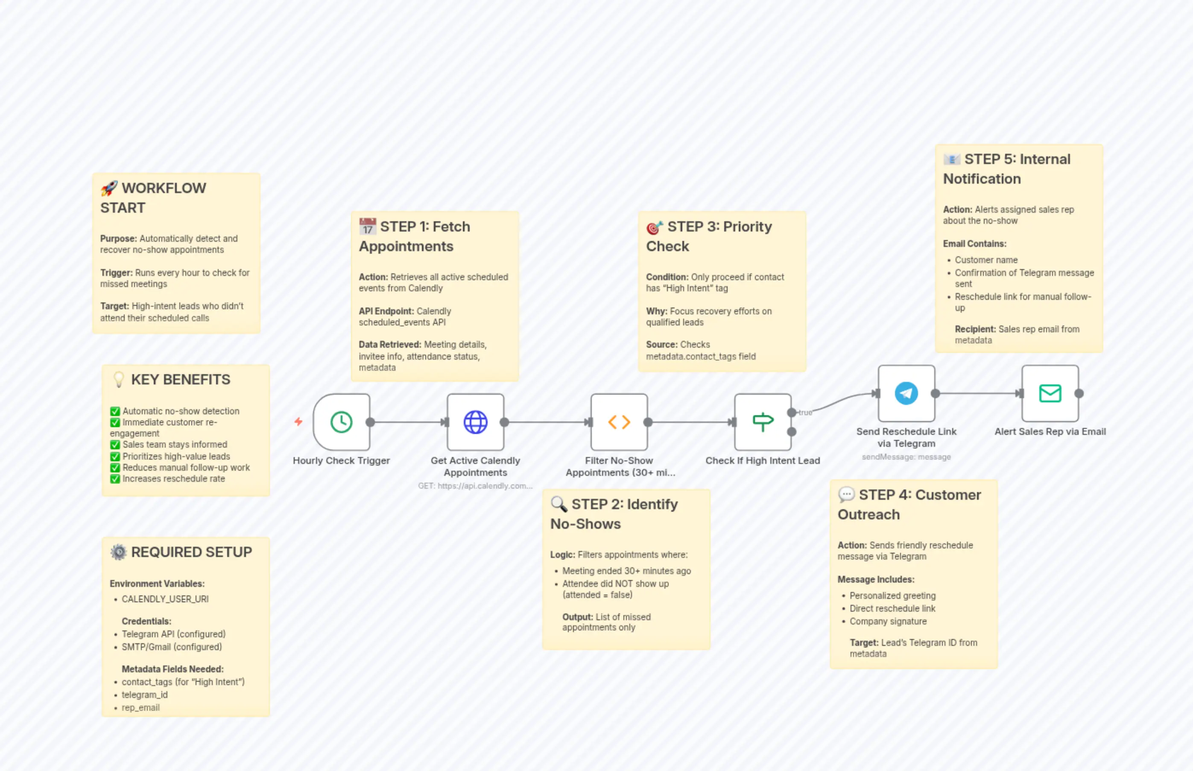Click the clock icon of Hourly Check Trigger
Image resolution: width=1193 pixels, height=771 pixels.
tap(341, 422)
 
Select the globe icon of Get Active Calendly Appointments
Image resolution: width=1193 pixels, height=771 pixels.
tap(475, 422)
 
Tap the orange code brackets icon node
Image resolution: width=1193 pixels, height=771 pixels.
tap(619, 422)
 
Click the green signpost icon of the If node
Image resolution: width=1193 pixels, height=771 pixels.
tap(763, 422)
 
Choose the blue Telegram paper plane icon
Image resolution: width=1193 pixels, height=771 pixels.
tap(906, 393)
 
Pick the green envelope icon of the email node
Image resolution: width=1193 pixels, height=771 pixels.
tap(1050, 393)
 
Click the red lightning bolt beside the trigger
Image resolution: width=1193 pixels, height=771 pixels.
tap(298, 422)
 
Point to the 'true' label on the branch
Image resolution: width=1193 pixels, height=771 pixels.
tap(805, 413)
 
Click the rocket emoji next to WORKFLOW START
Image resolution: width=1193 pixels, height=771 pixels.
tap(108, 189)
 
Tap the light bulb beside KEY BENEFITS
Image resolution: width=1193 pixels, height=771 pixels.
tap(119, 379)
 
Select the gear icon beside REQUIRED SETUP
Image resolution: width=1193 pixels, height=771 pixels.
tap(119, 552)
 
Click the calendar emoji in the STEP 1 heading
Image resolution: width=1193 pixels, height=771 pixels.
tap(367, 227)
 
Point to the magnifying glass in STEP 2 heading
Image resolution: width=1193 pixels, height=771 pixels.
tap(558, 504)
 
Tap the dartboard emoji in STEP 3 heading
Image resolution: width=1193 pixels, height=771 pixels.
tap(655, 228)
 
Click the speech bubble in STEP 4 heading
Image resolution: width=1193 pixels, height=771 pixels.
tap(846, 495)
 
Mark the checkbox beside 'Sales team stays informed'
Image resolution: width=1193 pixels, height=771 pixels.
tap(115, 445)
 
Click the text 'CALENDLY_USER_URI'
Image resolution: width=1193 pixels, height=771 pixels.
tap(165, 599)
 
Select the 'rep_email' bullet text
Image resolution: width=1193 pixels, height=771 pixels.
tap(140, 708)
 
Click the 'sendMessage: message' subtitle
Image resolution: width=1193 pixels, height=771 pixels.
tap(906, 457)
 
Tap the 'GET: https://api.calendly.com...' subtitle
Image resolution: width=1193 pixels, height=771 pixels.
tap(475, 486)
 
